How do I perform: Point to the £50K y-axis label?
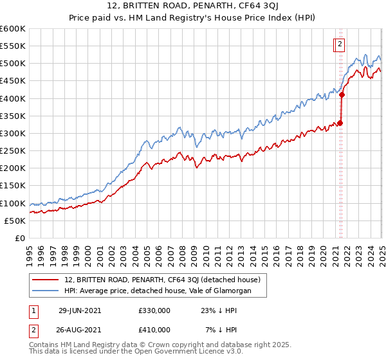pyautogui.click(x=14, y=221)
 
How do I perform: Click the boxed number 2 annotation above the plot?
pyautogui.click(x=340, y=44)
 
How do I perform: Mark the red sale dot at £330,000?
pyautogui.click(x=340, y=123)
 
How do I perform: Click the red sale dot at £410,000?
pyautogui.click(x=342, y=95)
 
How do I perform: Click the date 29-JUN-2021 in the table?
pyautogui.click(x=80, y=310)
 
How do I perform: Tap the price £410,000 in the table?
pyautogui.click(x=154, y=330)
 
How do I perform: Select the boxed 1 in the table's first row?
pyautogui.click(x=33, y=310)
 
